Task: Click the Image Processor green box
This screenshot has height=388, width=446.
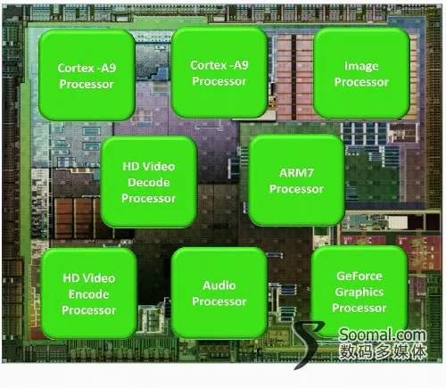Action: (361, 73)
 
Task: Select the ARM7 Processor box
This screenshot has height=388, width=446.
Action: (296, 180)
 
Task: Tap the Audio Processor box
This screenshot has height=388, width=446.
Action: (219, 293)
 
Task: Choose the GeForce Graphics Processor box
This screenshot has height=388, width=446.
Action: (359, 292)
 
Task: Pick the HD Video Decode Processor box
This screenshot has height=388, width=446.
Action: (149, 182)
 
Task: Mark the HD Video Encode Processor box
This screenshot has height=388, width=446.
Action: (88, 293)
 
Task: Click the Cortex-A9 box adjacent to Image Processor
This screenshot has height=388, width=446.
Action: (219, 72)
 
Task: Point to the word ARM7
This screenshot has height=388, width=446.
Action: (296, 172)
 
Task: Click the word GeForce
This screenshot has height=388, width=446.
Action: (359, 276)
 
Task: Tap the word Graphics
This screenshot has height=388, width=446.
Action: (359, 293)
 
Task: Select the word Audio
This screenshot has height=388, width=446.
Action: (219, 285)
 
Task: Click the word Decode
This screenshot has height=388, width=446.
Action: (149, 182)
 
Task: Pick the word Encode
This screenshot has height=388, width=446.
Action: (88, 294)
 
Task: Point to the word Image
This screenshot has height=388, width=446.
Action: (361, 66)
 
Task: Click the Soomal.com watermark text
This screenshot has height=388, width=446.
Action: (383, 334)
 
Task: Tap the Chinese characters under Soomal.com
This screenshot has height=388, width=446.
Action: (383, 352)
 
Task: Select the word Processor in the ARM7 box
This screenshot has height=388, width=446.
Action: (296, 189)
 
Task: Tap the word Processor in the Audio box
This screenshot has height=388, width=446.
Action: (219, 301)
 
